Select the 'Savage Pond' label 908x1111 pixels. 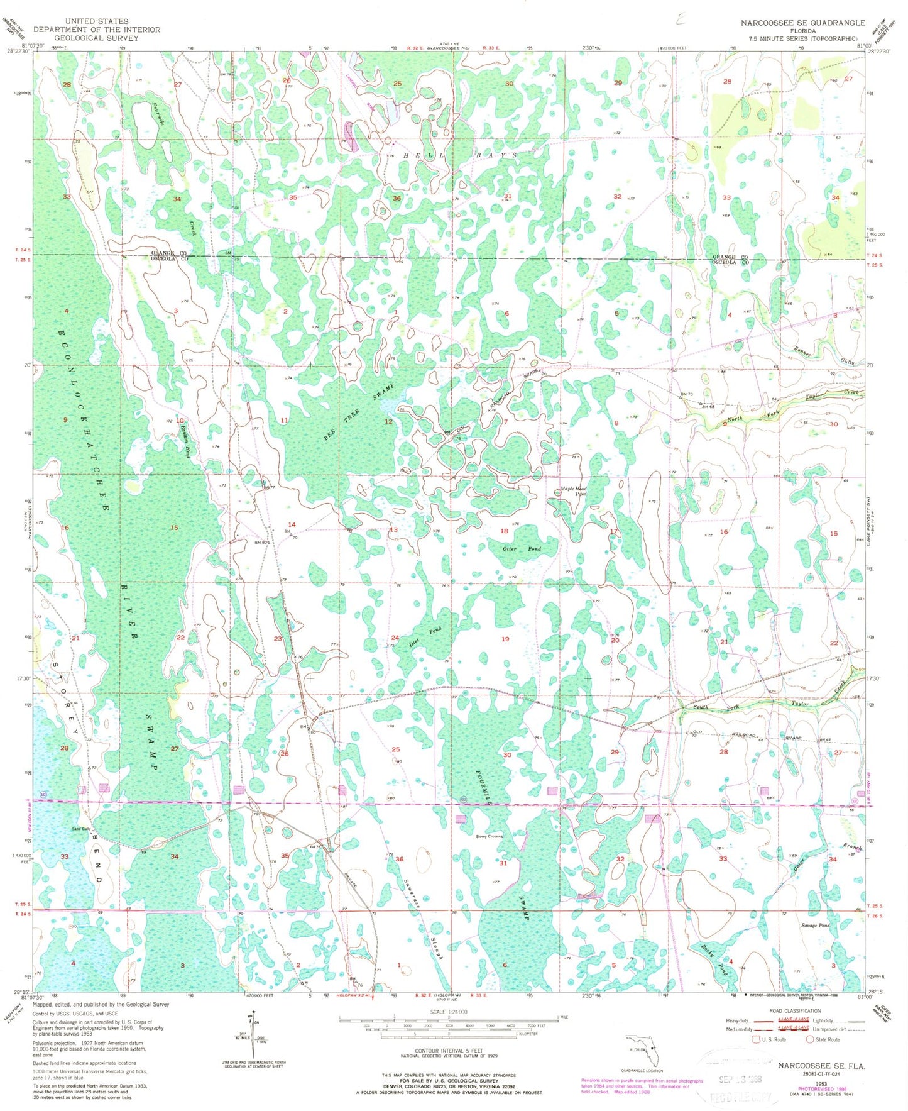815,926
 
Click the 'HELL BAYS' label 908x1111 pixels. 460,155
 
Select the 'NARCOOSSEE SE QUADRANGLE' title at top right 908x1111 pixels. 802,23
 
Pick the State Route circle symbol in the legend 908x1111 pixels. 811,1039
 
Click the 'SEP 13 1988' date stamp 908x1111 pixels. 740,1078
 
